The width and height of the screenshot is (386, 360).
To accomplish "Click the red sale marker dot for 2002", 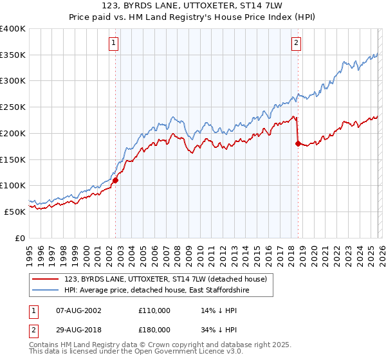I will pos(116,181).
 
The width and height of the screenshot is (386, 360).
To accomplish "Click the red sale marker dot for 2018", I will pos(298,144).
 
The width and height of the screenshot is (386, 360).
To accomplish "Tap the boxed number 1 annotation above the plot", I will pos(113,43).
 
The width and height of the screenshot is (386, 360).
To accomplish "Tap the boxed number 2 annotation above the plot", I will pos(296,43).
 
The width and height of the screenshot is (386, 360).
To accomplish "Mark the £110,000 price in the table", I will pos(155,310).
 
